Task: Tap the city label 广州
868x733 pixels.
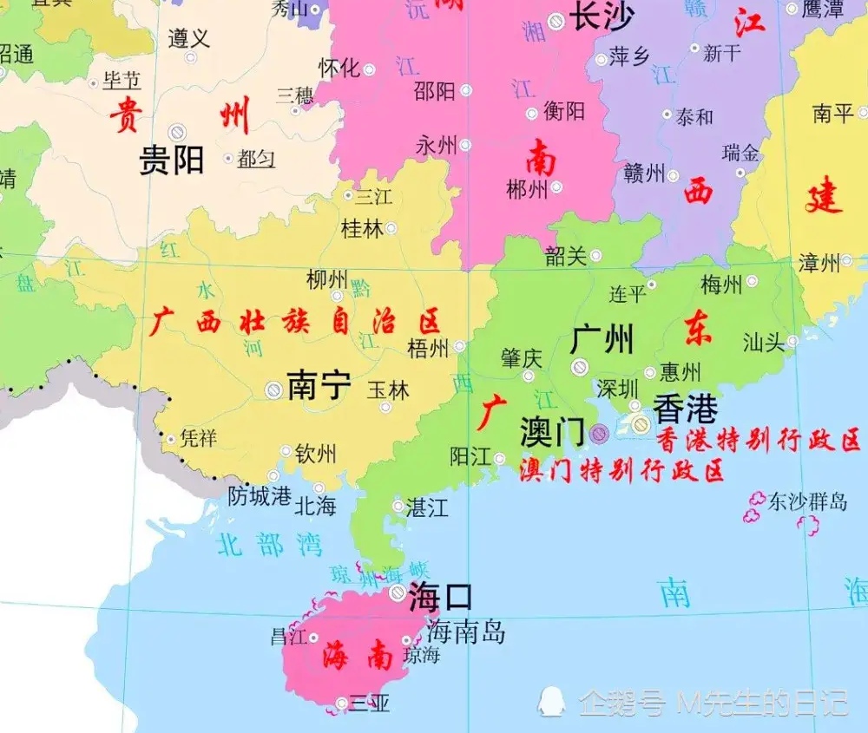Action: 602,339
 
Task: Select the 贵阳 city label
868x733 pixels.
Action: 171,160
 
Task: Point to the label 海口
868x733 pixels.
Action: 441,597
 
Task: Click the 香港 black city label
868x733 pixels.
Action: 686,407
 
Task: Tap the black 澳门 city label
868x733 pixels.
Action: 552,431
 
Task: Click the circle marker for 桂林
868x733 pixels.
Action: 391,229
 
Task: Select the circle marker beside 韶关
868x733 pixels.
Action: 595,256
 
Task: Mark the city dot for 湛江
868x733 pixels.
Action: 398,506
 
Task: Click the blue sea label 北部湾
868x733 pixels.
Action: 269,544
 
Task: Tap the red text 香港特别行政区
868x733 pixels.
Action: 757,439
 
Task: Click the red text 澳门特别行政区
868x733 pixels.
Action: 621,471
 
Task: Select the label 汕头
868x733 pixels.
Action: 764,343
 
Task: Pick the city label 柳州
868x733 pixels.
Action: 327,280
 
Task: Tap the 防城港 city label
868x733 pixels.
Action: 260,496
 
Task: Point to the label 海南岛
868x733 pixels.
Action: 465,632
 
